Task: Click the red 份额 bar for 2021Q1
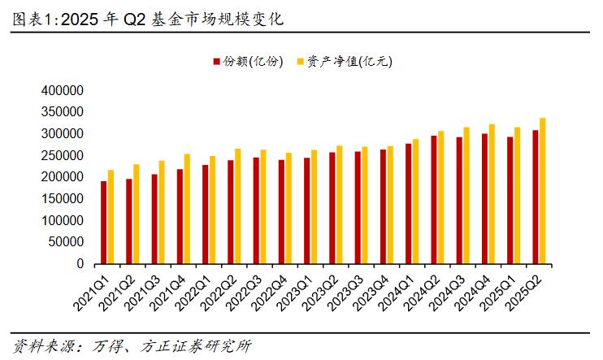(104, 223)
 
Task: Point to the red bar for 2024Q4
(485, 199)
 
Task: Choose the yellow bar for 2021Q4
(187, 209)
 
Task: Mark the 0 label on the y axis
(80, 264)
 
